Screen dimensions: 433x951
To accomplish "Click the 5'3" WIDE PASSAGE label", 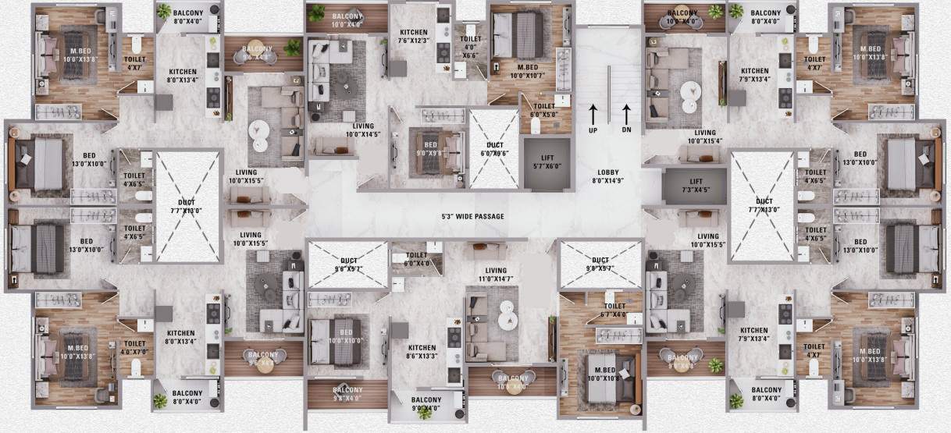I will [472, 216].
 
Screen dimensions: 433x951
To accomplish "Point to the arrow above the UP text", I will [593, 111].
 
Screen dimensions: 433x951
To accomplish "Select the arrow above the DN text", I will [626, 111].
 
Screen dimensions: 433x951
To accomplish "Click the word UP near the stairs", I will [593, 130].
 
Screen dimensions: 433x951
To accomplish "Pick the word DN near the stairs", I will [626, 130].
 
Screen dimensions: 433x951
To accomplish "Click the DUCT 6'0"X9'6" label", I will [493, 149].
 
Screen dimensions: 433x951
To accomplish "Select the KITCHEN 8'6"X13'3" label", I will [422, 353].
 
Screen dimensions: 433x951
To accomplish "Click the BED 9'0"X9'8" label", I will [431, 149].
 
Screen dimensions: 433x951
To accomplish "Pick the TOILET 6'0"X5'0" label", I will [543, 110].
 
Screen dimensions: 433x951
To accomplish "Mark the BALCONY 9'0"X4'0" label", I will [426, 404].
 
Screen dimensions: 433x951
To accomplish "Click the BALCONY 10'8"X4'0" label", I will [511, 382].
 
